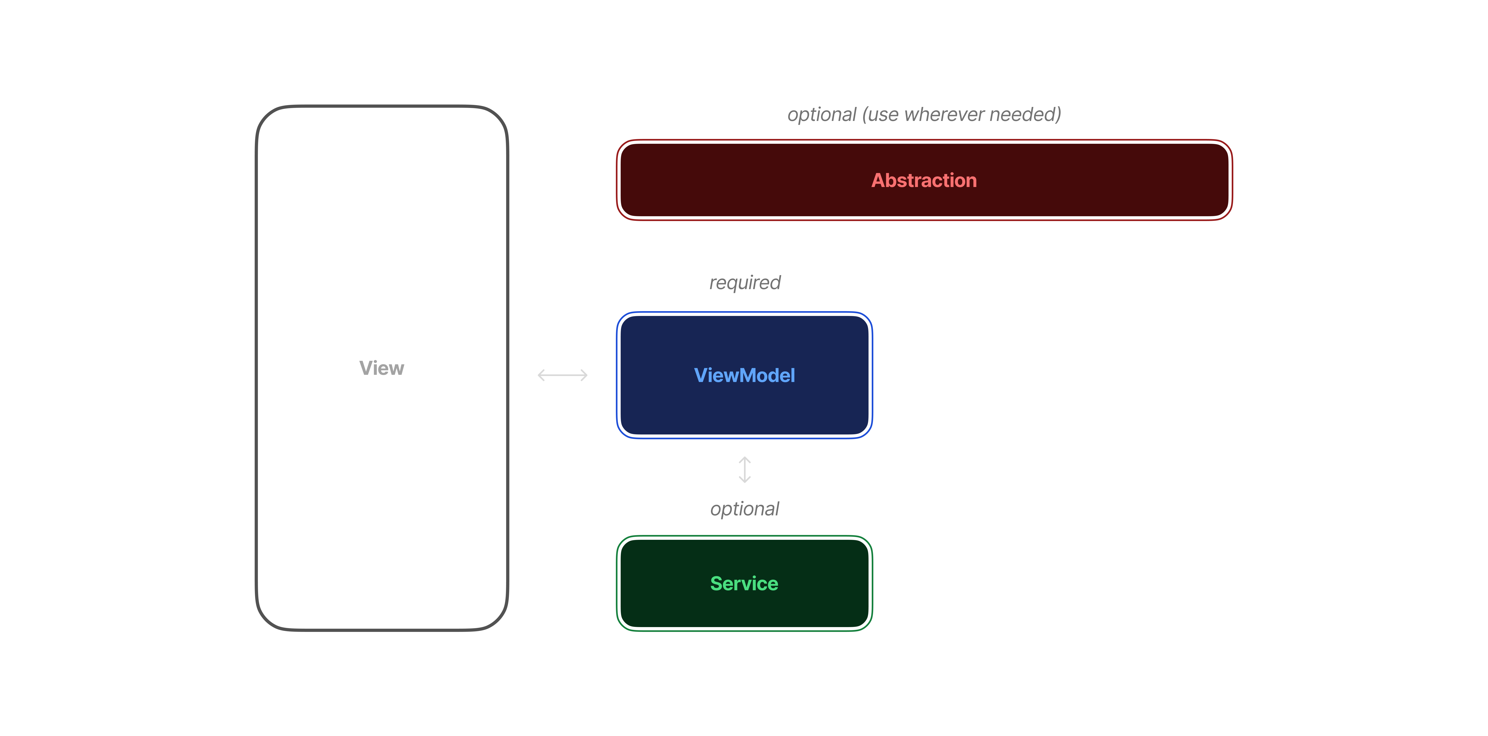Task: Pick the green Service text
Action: pyautogui.click(x=744, y=583)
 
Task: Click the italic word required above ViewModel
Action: pyautogui.click(x=745, y=283)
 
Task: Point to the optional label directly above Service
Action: pyautogui.click(x=745, y=509)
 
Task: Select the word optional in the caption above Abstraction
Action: pyautogui.click(x=821, y=114)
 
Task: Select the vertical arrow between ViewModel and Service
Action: pyautogui.click(x=745, y=470)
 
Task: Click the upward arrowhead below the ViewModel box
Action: pyautogui.click(x=745, y=459)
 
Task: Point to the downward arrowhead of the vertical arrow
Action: pyautogui.click(x=745, y=480)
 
